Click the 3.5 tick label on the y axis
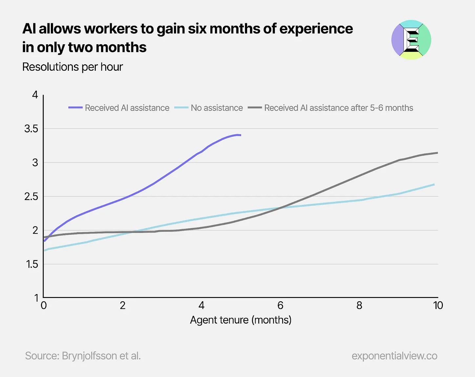[x=31, y=129]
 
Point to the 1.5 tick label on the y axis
[x=32, y=264]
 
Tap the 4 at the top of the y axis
[x=35, y=95]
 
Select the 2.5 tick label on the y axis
[x=31, y=197]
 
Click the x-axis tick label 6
[x=280, y=306]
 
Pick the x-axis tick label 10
[x=438, y=306]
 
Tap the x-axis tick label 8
[x=359, y=306]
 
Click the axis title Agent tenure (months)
[x=240, y=320]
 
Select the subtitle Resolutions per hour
[x=72, y=67]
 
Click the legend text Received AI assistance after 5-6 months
[x=339, y=108]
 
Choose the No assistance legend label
[x=217, y=108]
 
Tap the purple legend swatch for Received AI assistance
[x=75, y=108]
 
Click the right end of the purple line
[x=240, y=135]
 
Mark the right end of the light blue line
[x=434, y=185]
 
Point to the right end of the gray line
[x=437, y=153]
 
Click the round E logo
[x=411, y=40]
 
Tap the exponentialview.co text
[x=394, y=356]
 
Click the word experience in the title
[x=316, y=29]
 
